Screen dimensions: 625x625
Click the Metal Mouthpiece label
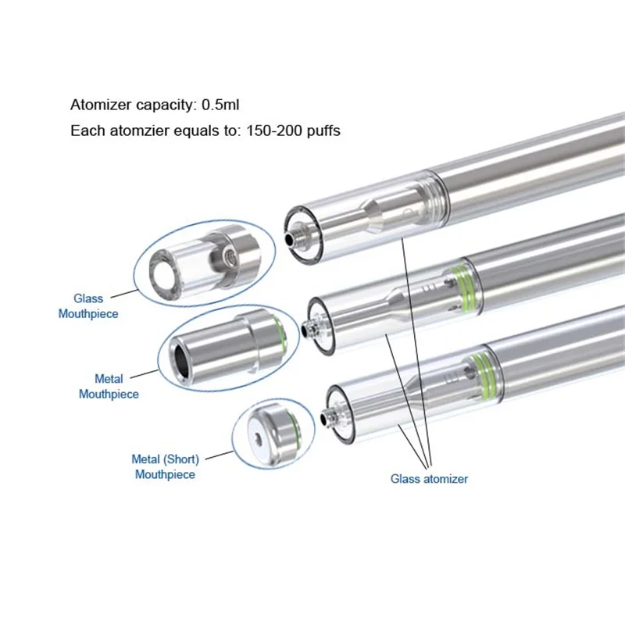(109, 387)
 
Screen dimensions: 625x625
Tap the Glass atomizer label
(429, 479)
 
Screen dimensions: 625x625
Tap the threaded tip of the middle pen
(310, 323)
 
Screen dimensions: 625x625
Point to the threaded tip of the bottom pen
(328, 409)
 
